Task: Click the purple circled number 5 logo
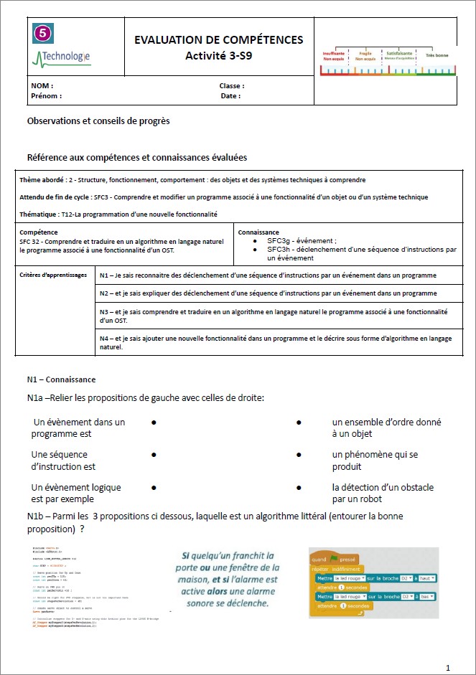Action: pyautogui.click(x=43, y=33)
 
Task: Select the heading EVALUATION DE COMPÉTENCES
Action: pyautogui.click(x=218, y=40)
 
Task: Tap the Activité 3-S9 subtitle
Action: pyautogui.click(x=218, y=55)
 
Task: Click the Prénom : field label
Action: pyautogui.click(x=46, y=96)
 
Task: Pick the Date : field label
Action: pyautogui.click(x=230, y=96)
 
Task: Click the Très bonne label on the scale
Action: pyautogui.click(x=437, y=55)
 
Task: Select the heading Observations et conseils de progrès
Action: pyautogui.click(x=98, y=121)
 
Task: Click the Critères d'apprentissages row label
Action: pyautogui.click(x=53, y=275)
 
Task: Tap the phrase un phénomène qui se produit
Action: pyautogui.click(x=374, y=461)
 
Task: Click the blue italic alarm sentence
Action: pyautogui.click(x=228, y=579)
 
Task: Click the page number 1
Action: pyautogui.click(x=448, y=668)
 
